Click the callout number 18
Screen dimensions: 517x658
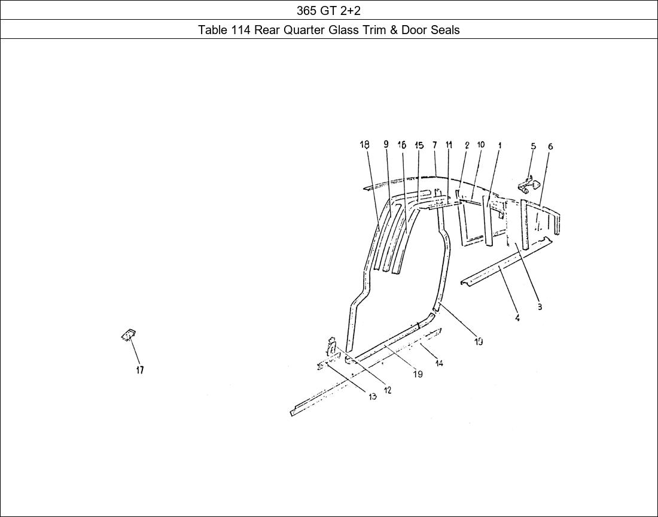tap(364, 144)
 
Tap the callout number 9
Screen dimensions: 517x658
tap(386, 144)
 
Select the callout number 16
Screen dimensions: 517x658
tap(402, 145)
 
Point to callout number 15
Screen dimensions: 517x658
tap(419, 145)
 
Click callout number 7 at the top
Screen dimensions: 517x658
tap(435, 144)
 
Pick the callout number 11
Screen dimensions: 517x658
tap(449, 144)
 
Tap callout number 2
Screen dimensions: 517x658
tap(467, 145)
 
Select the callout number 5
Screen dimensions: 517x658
tap(533, 146)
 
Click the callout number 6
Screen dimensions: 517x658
tap(550, 146)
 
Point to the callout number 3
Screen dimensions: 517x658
tap(539, 307)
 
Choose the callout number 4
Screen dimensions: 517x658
tap(517, 318)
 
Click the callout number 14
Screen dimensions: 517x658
tap(439, 363)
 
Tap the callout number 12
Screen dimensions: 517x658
tap(388, 390)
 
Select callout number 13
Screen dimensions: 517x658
tap(372, 397)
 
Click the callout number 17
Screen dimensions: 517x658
tap(139, 370)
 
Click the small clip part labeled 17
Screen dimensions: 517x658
tap(128, 335)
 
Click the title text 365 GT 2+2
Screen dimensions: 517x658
tap(328, 10)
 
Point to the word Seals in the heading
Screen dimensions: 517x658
tap(445, 29)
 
